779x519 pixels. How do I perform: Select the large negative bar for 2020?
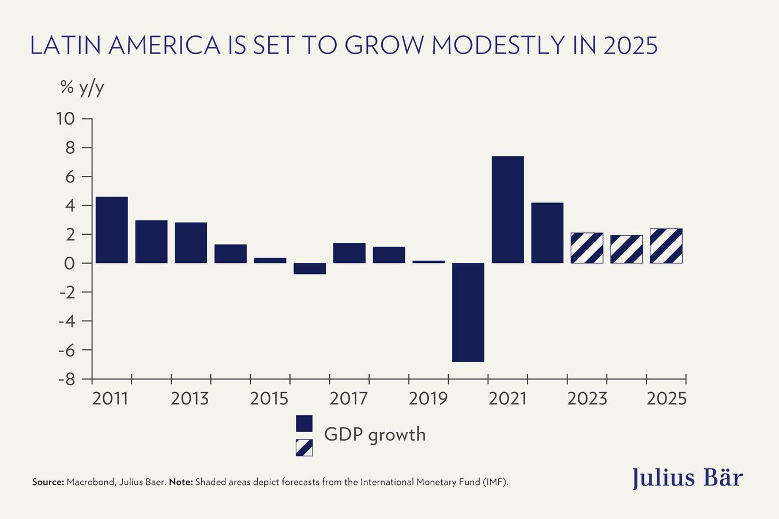468,312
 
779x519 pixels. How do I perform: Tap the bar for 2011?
112,230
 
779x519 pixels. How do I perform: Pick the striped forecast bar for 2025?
666,246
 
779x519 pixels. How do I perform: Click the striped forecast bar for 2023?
586,248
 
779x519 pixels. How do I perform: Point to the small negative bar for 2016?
310,269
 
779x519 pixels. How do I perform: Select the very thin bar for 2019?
428,262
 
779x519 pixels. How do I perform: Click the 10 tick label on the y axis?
65,119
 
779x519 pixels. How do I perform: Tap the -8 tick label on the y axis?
66,379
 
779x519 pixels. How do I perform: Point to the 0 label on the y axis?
70,264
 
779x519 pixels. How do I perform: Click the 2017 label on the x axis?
348,398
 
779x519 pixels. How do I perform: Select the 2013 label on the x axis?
190,398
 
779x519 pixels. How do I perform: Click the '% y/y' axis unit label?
82,88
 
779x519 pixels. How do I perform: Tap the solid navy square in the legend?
304,423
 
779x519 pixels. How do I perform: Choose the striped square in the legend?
304,447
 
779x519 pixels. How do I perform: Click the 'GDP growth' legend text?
375,434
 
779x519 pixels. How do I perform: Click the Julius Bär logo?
687,478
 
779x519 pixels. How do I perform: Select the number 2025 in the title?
630,46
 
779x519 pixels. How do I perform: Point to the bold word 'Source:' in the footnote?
48,482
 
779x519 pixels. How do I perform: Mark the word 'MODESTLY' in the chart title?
498,46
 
